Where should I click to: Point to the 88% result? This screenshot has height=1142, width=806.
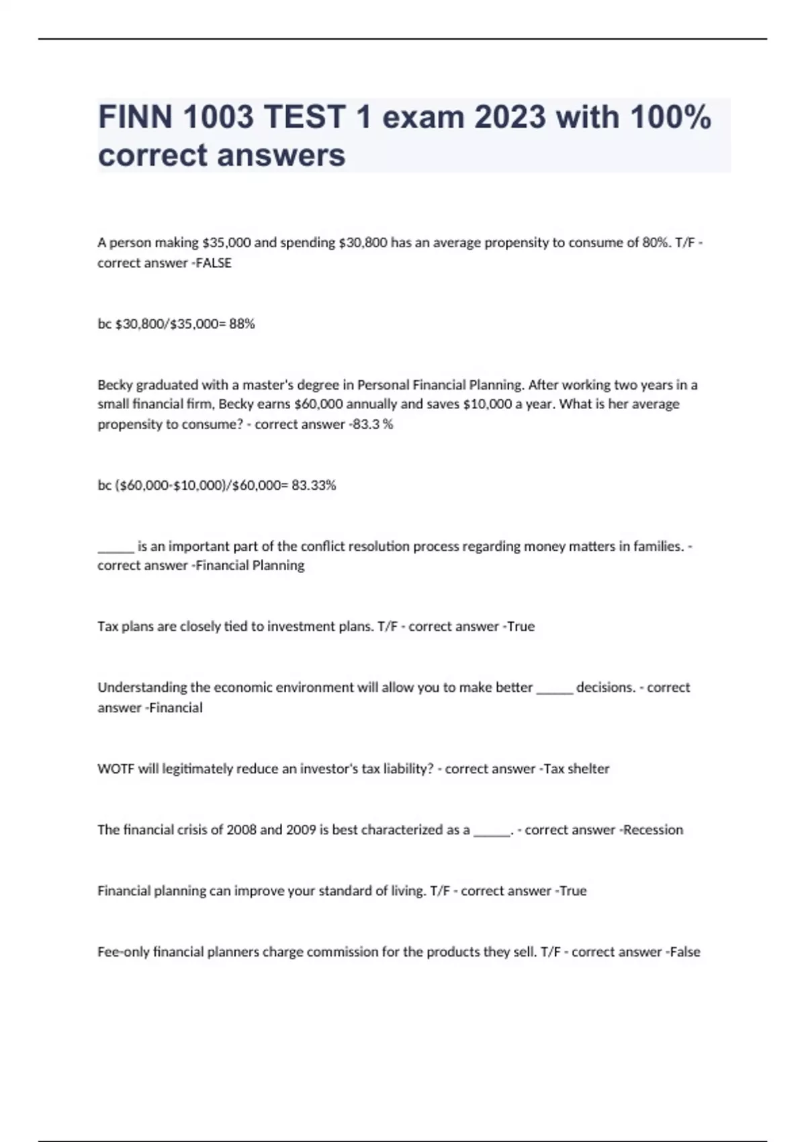242,324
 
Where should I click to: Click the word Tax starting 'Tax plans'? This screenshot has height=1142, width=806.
107,627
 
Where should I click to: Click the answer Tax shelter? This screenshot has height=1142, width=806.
576,769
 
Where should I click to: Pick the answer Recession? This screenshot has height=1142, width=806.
653,830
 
